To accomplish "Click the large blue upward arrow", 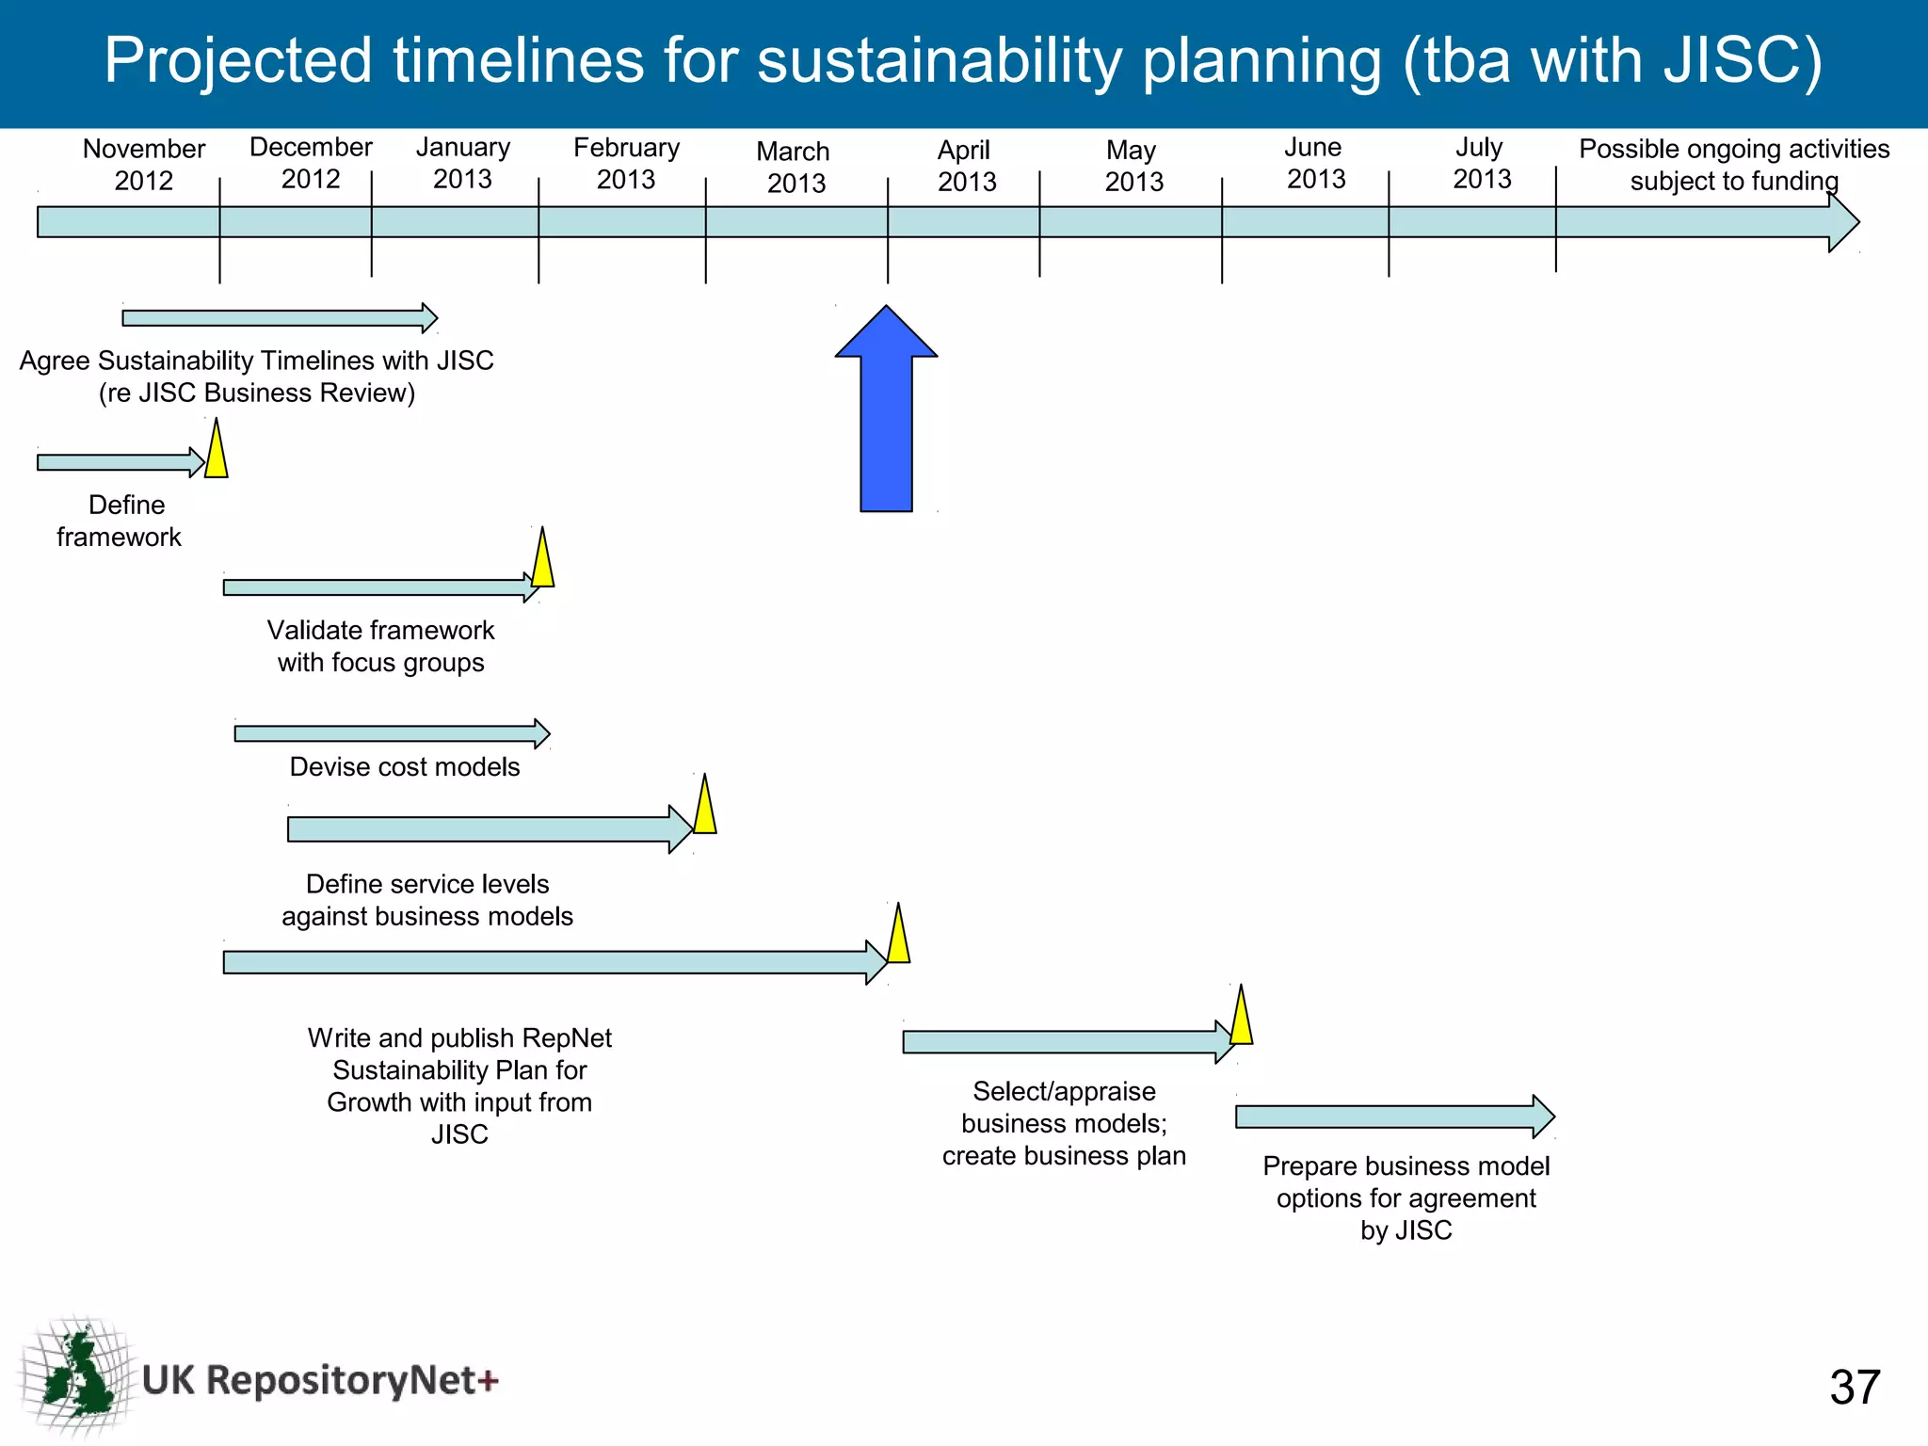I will click(886, 414).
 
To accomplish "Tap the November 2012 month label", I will click(143, 165).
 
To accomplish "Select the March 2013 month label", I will click(794, 167).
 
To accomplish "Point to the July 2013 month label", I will click(1481, 163).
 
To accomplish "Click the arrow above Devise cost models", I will click(391, 733).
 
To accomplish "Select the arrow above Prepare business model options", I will click(1393, 1117).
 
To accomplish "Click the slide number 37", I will click(1854, 1387).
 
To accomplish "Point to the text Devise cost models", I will click(404, 767).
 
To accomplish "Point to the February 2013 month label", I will click(626, 164).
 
